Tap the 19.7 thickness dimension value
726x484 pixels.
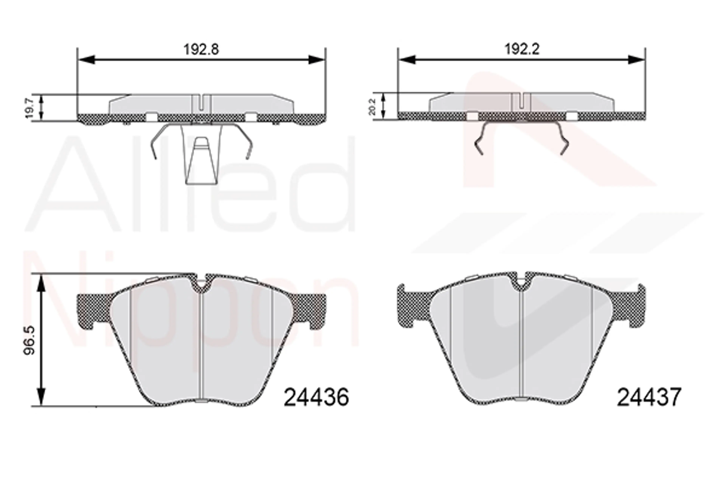[x=29, y=108]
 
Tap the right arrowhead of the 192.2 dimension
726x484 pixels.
[x=637, y=60]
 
